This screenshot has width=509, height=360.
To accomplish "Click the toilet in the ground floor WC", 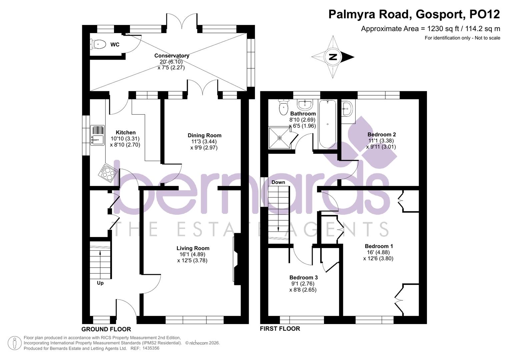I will [x=98, y=44].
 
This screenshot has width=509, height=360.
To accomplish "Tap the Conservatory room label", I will [x=172, y=56].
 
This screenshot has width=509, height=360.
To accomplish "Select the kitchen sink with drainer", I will [x=97, y=135].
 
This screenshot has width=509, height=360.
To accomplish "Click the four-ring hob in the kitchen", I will [x=108, y=172].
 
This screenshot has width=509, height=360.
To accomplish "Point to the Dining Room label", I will [x=204, y=135].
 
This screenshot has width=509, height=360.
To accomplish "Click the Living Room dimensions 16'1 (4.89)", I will [x=192, y=254].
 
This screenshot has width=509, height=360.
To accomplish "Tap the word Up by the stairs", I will [x=100, y=283].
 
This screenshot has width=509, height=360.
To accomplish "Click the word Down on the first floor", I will [x=278, y=182].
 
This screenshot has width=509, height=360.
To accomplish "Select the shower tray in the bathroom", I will [x=279, y=138].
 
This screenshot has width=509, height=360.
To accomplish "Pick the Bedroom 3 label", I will [x=303, y=278].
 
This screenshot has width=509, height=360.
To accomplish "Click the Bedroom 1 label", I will [x=379, y=246].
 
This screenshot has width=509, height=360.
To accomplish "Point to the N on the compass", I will [x=332, y=57].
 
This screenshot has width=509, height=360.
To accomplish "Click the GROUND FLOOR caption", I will [x=106, y=329].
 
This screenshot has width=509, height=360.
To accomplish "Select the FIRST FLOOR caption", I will [x=280, y=329].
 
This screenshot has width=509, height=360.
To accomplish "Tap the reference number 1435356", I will [x=151, y=348].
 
